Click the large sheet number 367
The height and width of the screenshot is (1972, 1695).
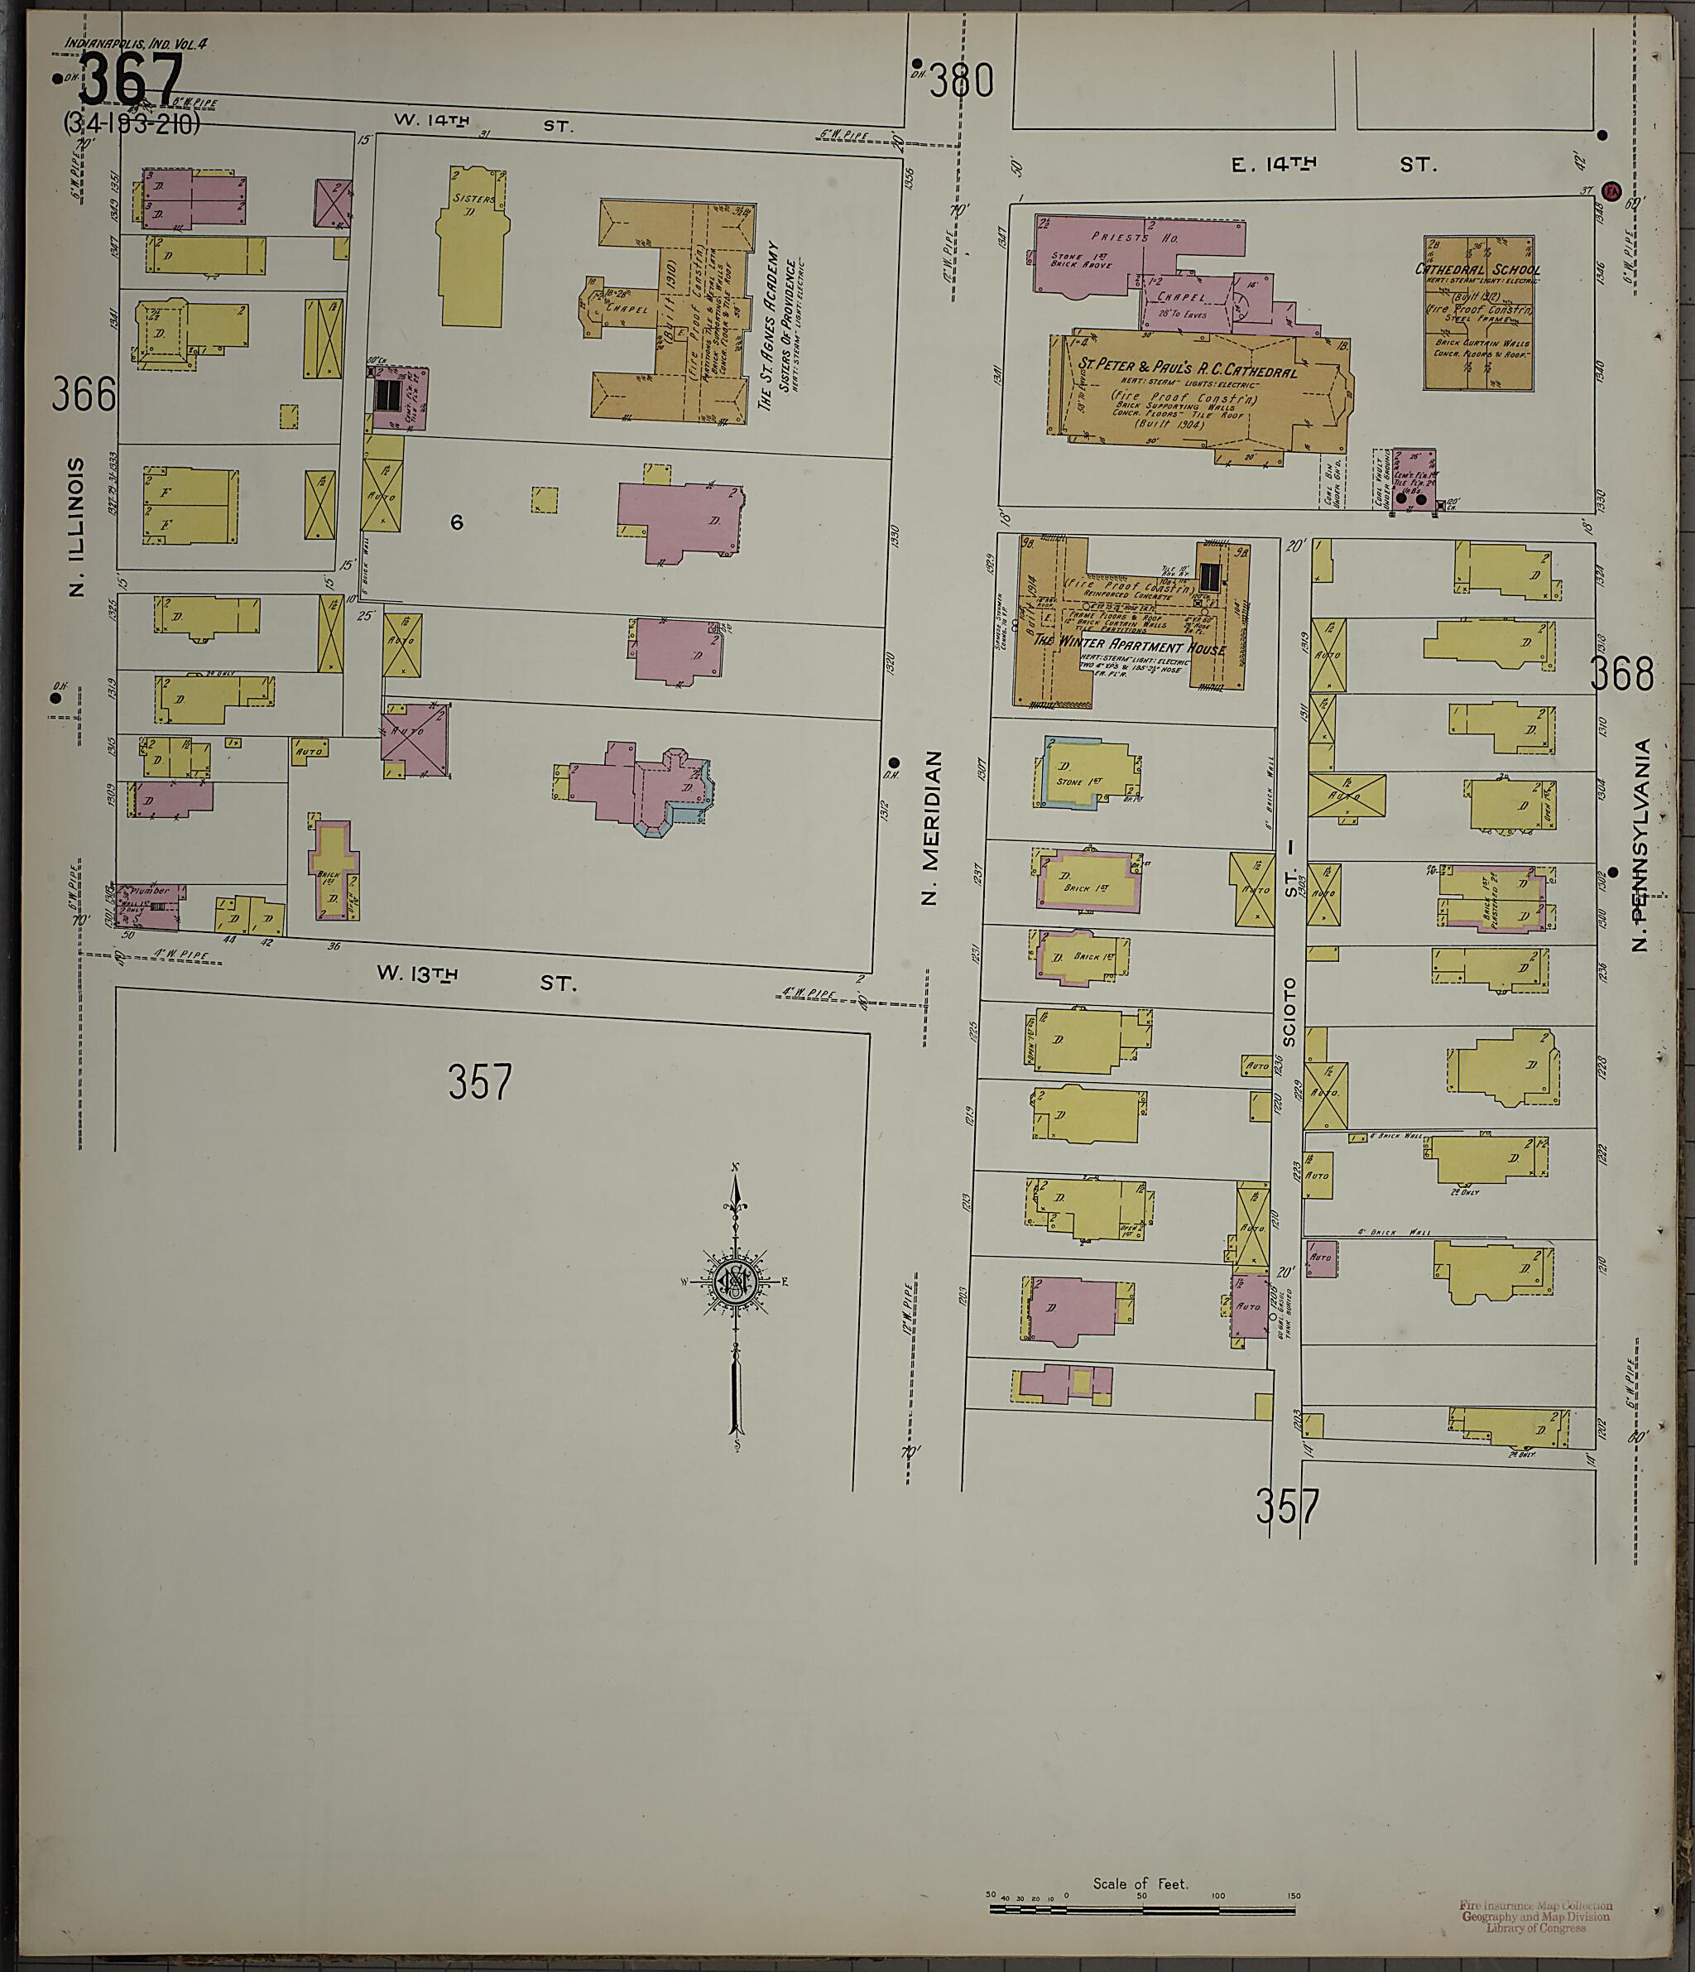click(131, 80)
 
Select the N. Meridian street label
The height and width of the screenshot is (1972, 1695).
click(932, 827)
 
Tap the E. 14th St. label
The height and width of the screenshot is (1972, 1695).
click(1333, 165)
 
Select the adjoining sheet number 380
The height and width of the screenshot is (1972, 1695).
click(961, 82)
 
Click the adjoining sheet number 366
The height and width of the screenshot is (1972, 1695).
click(84, 394)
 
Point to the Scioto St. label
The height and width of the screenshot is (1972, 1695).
click(1289, 942)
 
